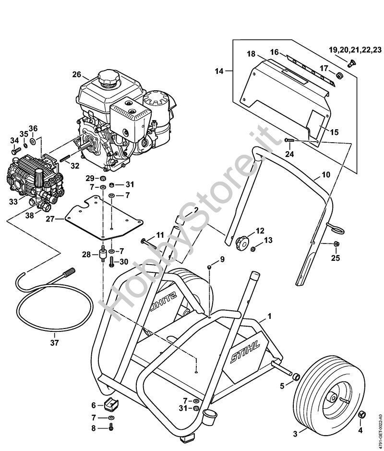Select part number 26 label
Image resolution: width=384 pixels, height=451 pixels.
pyautogui.click(x=77, y=74)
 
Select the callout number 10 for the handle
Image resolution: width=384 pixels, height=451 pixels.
pyautogui.click(x=325, y=175)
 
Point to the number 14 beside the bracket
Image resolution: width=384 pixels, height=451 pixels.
pyautogui.click(x=219, y=72)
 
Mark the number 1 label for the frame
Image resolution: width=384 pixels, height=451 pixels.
pyautogui.click(x=269, y=316)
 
